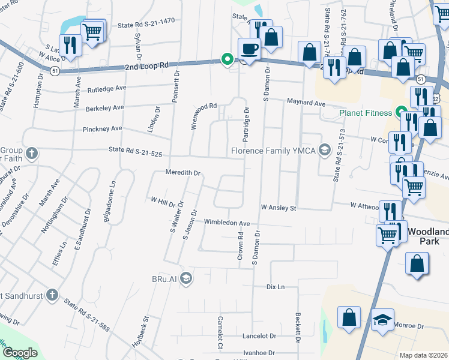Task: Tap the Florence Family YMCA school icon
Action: [325, 150]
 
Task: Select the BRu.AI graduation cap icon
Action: [186, 278]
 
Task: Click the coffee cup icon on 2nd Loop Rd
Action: [249, 49]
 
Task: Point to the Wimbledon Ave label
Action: [227, 223]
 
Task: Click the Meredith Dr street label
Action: [182, 173]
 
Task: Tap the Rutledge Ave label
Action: [107, 88]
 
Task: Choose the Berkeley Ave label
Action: [104, 107]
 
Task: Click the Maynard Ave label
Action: [306, 103]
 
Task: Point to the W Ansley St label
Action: [279, 208]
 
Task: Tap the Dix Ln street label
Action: [275, 287]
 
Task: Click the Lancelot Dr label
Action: [259, 337]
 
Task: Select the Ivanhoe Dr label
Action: [259, 353]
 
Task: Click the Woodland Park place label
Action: [428, 235]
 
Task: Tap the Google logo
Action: [19, 353]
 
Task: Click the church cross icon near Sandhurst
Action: [52, 295]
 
